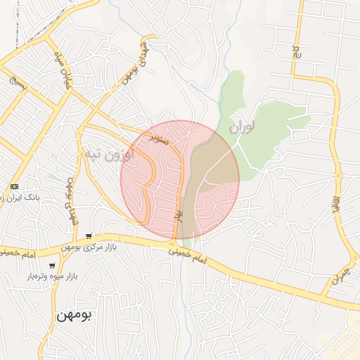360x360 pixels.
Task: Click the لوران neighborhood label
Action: (242, 127)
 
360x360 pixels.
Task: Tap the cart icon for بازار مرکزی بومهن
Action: (88, 236)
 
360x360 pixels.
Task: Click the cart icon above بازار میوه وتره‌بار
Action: (52, 266)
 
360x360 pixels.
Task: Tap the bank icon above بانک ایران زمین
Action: (14, 186)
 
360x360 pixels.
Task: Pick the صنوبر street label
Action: (158, 139)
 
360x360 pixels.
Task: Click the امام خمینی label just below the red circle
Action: (190, 256)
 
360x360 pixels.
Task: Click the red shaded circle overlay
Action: (180, 179)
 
